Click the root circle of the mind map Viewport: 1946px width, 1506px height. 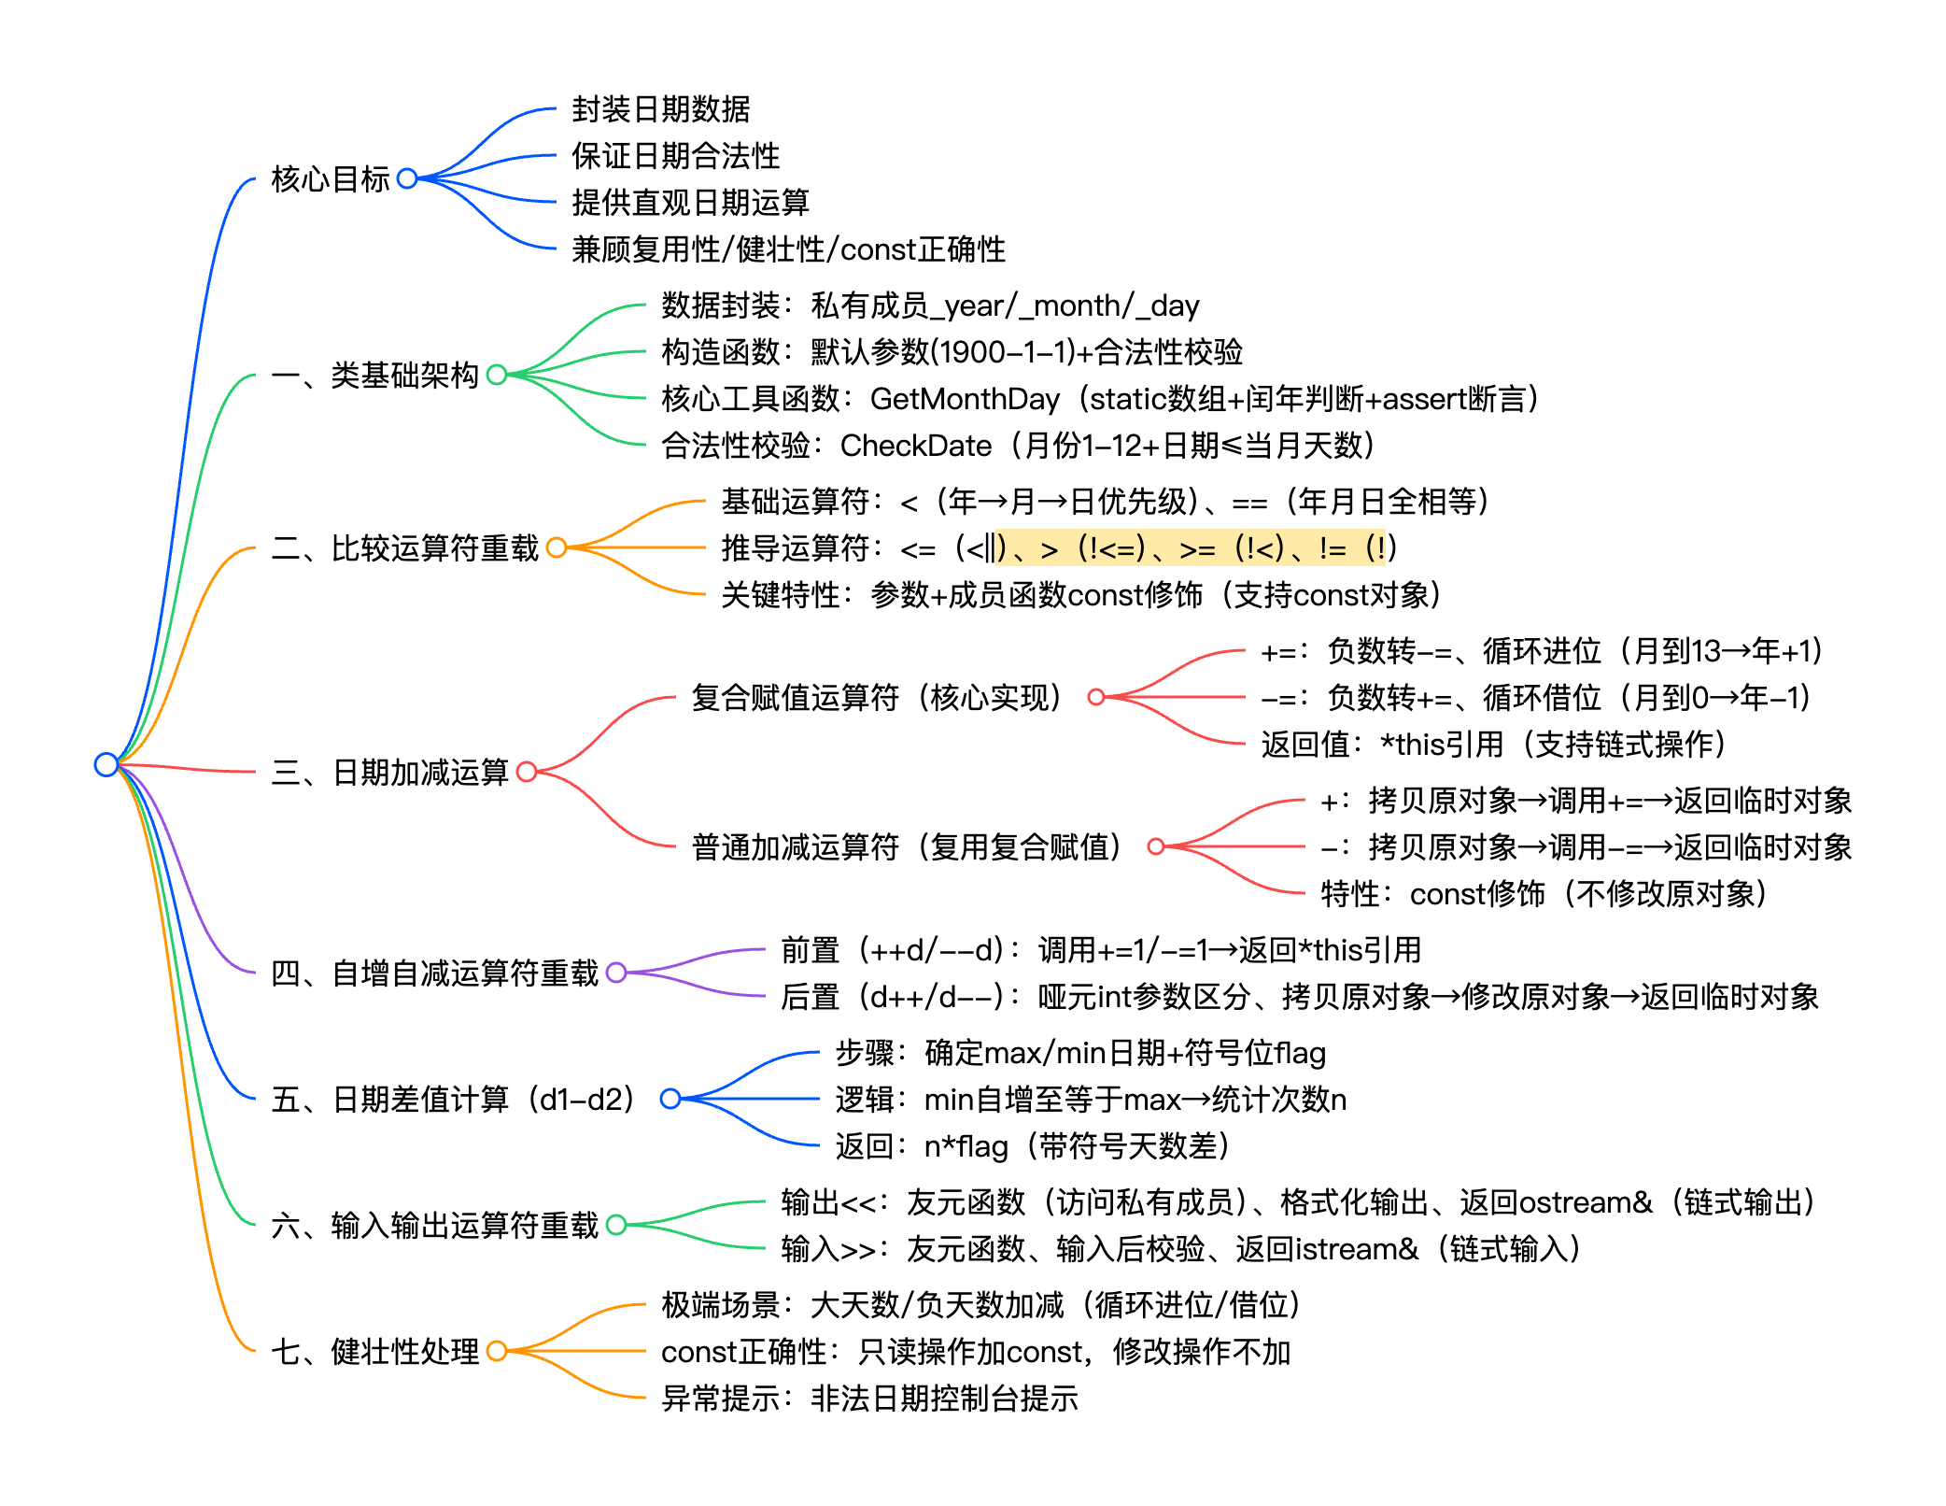pyautogui.click(x=106, y=764)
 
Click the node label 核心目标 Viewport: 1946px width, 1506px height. pyautogui.click(x=330, y=178)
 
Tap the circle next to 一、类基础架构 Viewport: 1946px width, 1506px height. pyautogui.click(x=497, y=375)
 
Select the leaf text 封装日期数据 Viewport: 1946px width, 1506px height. pyautogui.click(x=660, y=109)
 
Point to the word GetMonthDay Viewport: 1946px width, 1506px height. pyautogui.click(x=965, y=399)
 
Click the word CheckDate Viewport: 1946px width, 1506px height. pyautogui.click(x=915, y=446)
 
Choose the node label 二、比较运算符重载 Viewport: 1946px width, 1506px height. pyautogui.click(x=405, y=547)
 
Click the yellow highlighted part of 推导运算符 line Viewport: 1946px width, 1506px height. pyautogui.click(x=1195, y=547)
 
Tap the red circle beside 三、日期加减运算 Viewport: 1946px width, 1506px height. pyautogui.click(x=527, y=772)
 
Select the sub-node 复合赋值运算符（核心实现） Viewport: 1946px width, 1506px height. pyautogui.click(x=878, y=697)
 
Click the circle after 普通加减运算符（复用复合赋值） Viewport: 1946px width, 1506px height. pyautogui.click(x=1156, y=846)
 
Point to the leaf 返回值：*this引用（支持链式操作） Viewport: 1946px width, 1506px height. pyautogui.click(x=1493, y=745)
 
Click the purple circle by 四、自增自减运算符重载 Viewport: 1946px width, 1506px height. pyautogui.click(x=616, y=973)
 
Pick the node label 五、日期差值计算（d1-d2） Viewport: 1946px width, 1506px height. pyautogui.click(x=454, y=1099)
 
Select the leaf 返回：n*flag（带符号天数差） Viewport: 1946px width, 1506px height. pyautogui.click(x=1032, y=1146)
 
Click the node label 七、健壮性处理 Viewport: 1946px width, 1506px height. pyautogui.click(x=374, y=1351)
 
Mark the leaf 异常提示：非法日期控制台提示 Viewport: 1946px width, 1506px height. pyautogui.click(x=869, y=1399)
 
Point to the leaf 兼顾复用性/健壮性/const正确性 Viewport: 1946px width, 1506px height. pyautogui.click(x=788, y=249)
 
